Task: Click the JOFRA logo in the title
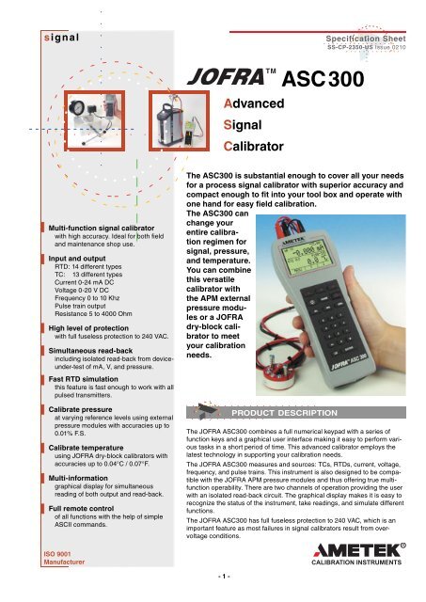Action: pyautogui.click(x=234, y=76)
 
